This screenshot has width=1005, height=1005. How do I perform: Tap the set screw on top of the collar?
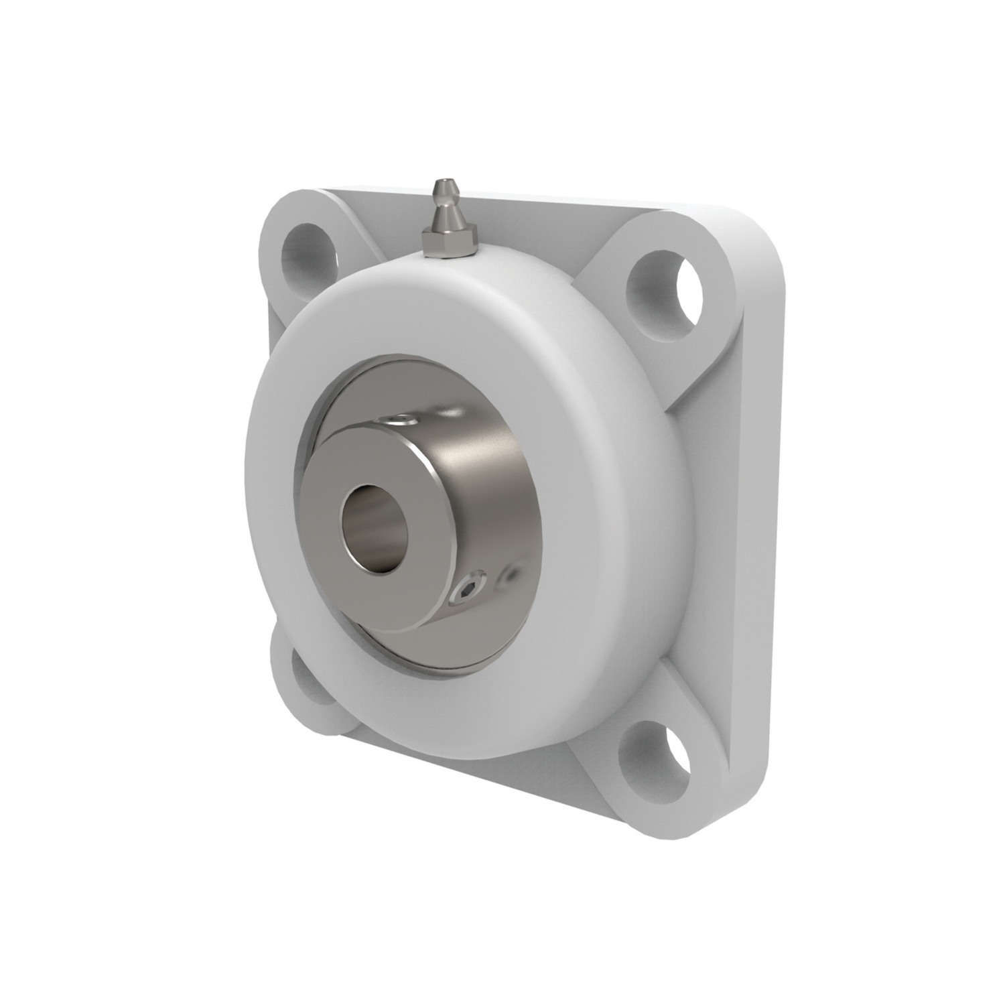pyautogui.click(x=400, y=420)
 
